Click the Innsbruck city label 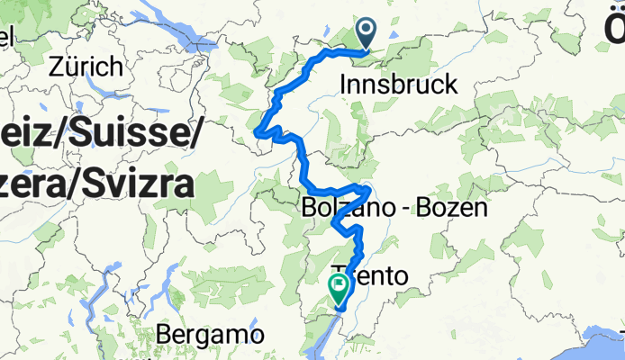(400, 85)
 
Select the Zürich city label (86, 67)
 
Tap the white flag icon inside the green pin (340, 285)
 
